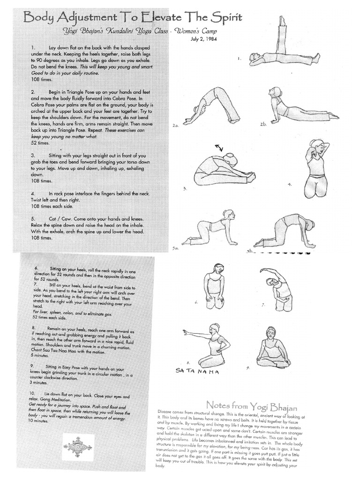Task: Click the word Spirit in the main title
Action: click(x=223, y=18)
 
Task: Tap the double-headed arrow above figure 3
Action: click(x=219, y=148)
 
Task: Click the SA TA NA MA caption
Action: click(x=197, y=371)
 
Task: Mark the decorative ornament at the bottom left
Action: click(x=78, y=447)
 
